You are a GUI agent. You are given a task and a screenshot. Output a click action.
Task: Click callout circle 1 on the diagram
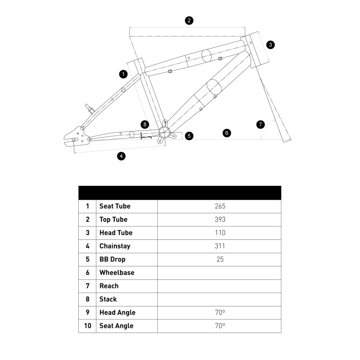coord(123,73)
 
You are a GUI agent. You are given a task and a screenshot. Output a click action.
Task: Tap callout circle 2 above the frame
coord(189,20)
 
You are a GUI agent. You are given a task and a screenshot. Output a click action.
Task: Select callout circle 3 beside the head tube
coord(270,45)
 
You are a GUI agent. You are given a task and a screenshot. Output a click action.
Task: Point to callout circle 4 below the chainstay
coord(121,156)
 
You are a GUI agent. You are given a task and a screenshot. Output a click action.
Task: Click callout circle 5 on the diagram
coord(189,135)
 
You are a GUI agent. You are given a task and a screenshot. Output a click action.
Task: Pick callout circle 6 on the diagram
coord(227,133)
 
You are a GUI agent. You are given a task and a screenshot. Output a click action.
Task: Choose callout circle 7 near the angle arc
coord(261,125)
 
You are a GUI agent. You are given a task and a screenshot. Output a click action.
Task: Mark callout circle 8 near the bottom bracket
coord(144,124)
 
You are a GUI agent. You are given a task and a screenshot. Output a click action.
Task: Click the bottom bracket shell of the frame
coord(164,132)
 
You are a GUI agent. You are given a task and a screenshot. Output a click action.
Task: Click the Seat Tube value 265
coord(220,206)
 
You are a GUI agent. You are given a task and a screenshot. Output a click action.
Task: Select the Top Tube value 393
coord(220,220)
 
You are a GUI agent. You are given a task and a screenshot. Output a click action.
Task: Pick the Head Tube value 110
coord(220,233)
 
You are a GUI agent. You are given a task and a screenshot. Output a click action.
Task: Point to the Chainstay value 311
coord(220,246)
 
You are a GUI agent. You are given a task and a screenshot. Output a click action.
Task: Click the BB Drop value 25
coord(220,259)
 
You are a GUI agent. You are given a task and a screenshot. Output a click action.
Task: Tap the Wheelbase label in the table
coord(117,273)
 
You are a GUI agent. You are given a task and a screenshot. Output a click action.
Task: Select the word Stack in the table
coord(108,299)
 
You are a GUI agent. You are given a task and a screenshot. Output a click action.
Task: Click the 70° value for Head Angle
coord(220,312)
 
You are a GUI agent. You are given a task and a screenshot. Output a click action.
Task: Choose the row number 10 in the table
coord(87,326)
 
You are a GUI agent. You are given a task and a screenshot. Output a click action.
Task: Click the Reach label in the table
coord(109,286)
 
